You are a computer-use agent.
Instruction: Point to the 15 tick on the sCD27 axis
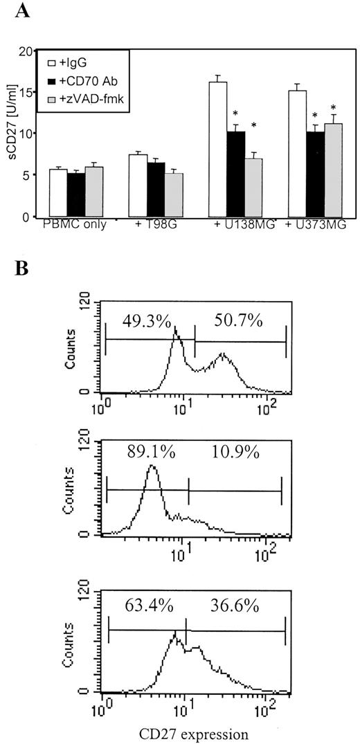tap(26, 91)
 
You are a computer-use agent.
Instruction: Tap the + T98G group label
tap(151, 226)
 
